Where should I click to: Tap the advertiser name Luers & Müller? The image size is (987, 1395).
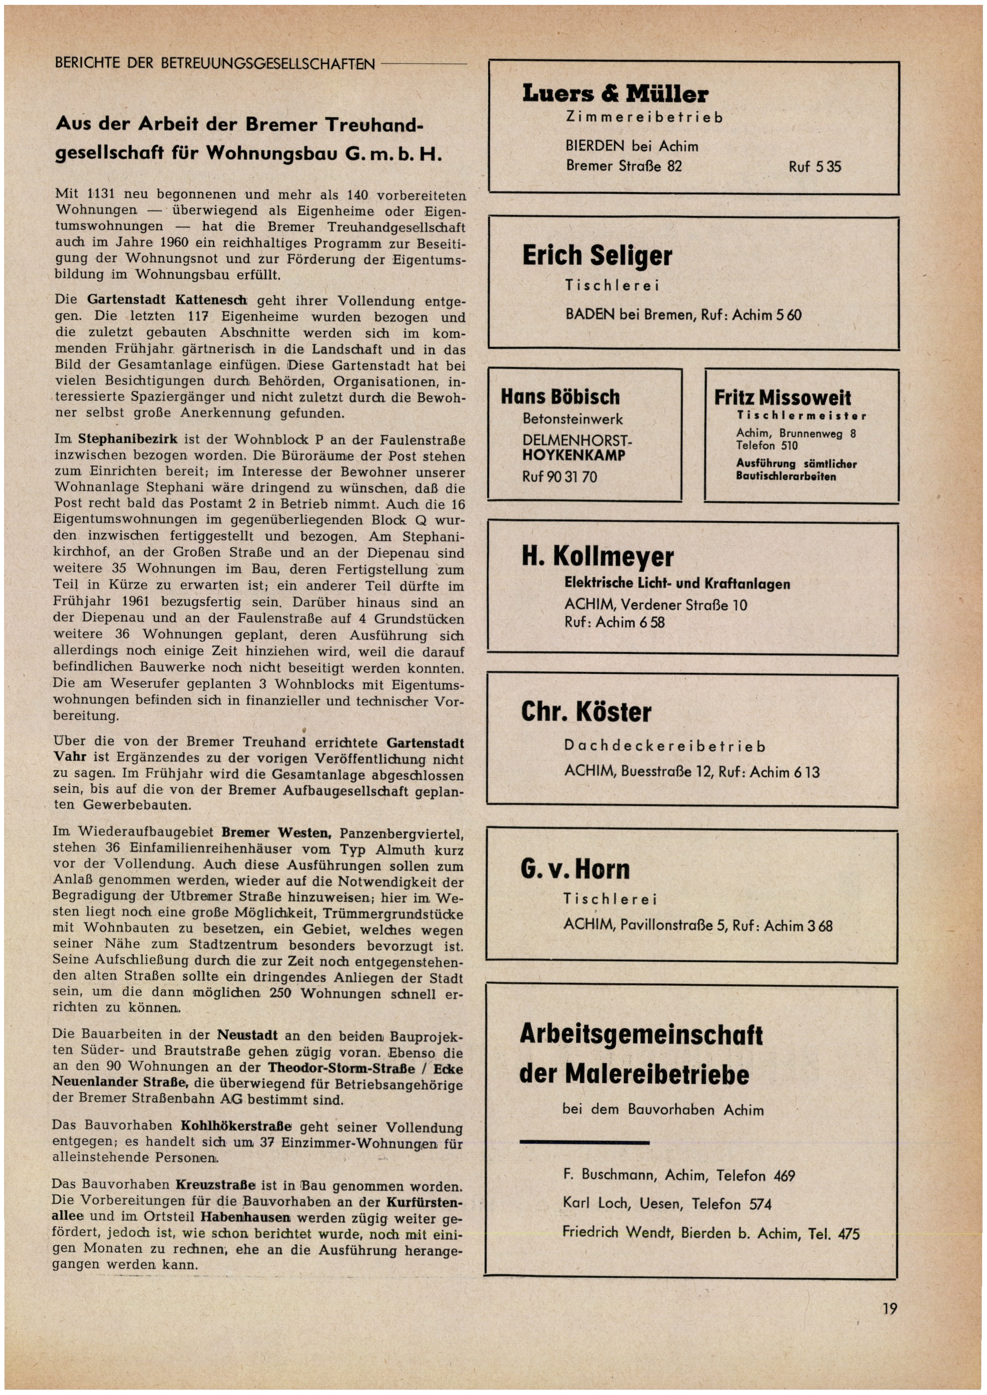(615, 94)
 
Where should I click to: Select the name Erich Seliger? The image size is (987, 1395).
(597, 256)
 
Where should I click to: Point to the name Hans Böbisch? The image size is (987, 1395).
(560, 397)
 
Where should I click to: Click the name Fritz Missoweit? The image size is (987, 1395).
(782, 397)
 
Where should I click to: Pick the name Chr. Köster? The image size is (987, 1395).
(586, 712)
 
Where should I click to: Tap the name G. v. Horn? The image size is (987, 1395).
(575, 869)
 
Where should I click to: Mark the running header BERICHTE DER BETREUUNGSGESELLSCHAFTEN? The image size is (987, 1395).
(215, 63)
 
